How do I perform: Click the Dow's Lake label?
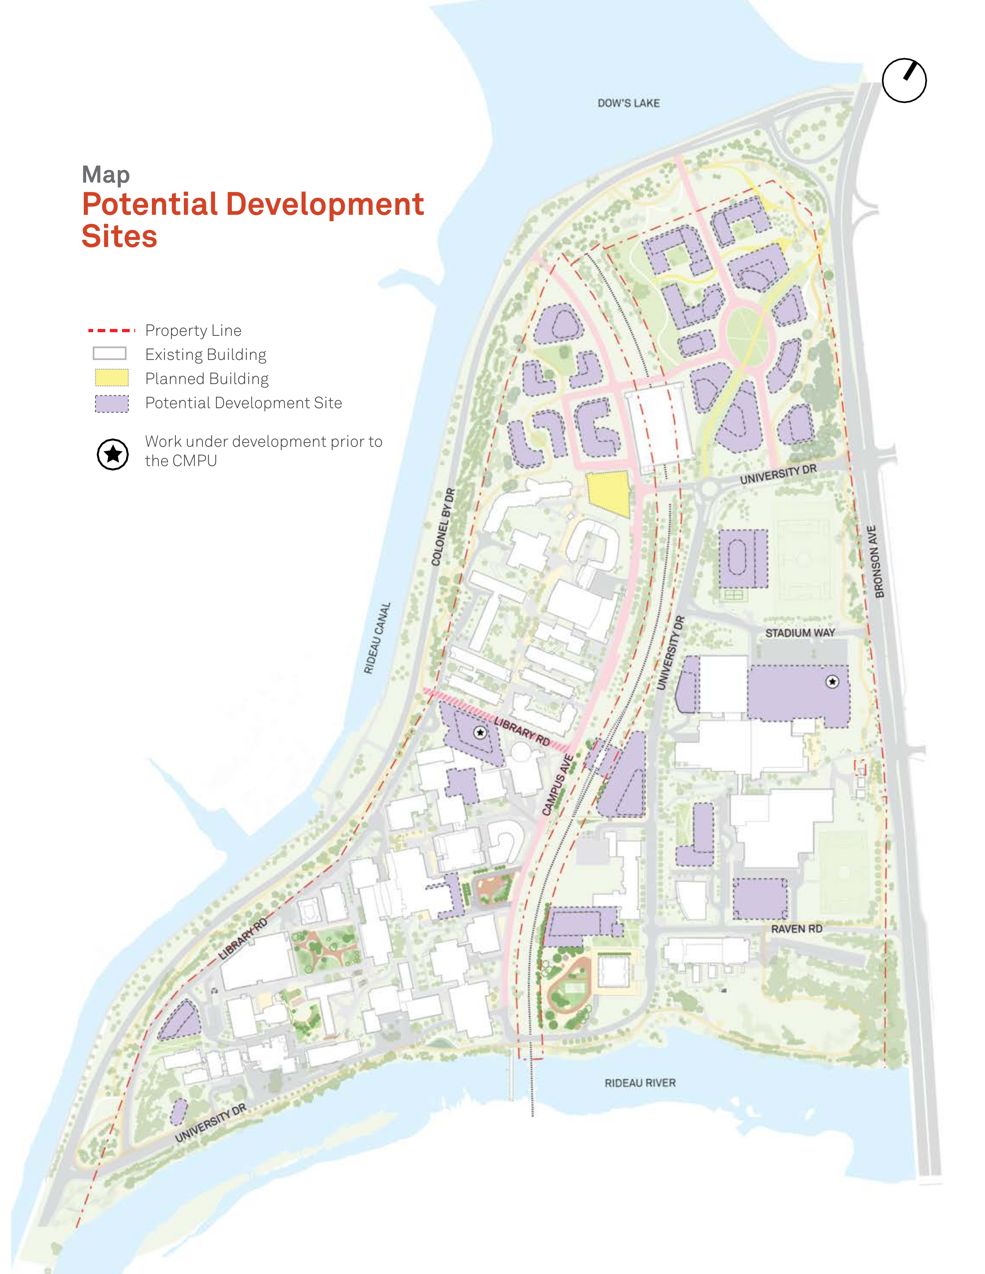click(x=628, y=103)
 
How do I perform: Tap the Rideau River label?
click(x=640, y=1083)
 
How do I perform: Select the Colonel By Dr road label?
click(x=443, y=527)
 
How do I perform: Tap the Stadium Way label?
click(x=800, y=633)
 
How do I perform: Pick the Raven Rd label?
click(x=796, y=928)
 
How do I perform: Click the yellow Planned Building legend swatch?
click(x=112, y=378)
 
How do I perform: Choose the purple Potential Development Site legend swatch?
click(x=112, y=403)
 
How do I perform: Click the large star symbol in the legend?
click(x=113, y=454)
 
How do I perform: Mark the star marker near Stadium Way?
click(x=832, y=681)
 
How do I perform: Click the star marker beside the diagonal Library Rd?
click(x=480, y=732)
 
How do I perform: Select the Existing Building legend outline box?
click(x=110, y=354)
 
